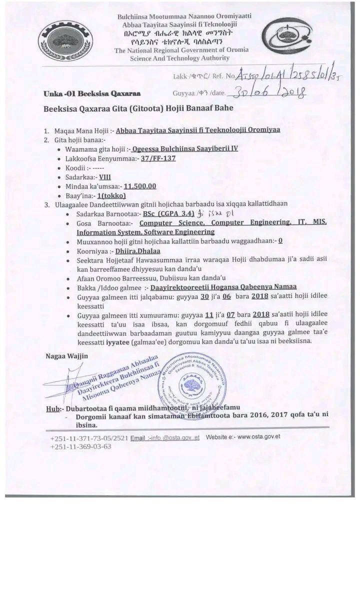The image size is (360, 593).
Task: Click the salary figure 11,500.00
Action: [140, 186]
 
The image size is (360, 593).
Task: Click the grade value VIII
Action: [104, 176]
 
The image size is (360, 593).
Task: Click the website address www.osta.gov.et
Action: [258, 436]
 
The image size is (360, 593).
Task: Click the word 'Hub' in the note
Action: [52, 408]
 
